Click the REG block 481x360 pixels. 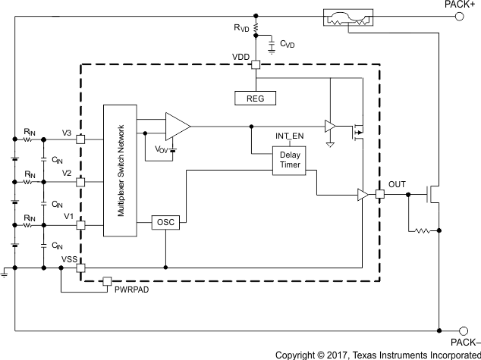[255, 98]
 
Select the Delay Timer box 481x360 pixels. [289, 160]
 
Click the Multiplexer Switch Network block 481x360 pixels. [120, 171]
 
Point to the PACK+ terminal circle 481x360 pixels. [460, 14]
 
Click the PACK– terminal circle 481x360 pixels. [460, 330]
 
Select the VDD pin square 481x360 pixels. [256, 64]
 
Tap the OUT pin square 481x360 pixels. [379, 195]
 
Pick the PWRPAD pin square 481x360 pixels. [107, 281]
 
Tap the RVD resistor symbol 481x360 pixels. [256, 28]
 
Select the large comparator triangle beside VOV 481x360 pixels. [177, 126]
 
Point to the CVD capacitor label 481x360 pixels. [287, 45]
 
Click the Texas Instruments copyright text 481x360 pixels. [377, 354]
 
